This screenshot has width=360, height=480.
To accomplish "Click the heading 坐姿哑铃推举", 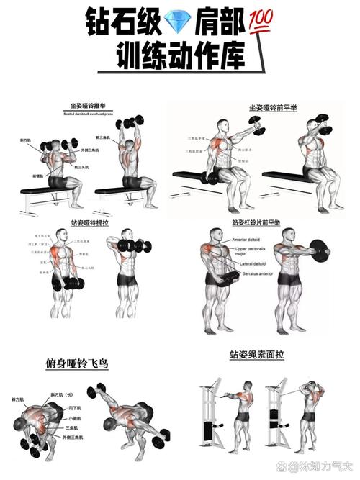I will (x=87, y=106).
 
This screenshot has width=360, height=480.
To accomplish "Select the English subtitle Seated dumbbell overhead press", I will (x=87, y=113).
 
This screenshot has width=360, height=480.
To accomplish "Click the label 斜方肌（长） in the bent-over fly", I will (x=60, y=395).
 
